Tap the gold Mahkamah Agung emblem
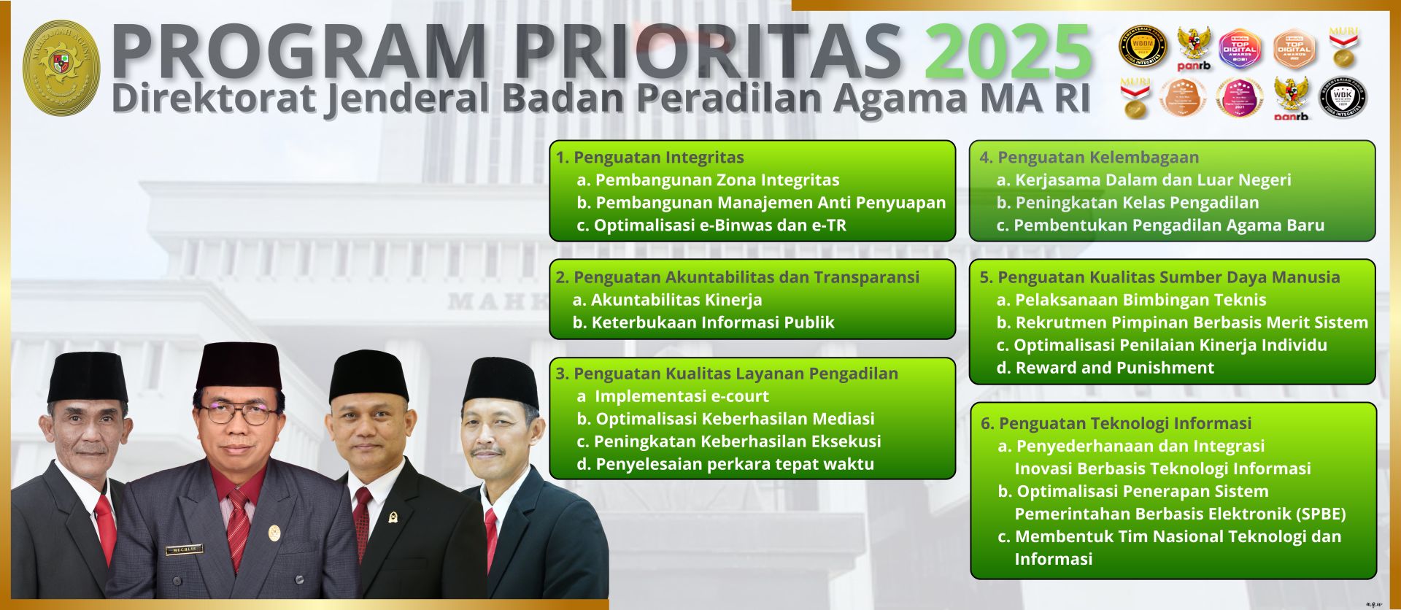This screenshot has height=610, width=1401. [x=61, y=67]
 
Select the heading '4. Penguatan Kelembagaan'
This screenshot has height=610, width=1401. [x=1089, y=158]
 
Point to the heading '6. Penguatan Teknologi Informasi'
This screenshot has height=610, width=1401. [x=1116, y=423]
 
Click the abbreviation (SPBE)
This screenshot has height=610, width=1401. [x=1321, y=514]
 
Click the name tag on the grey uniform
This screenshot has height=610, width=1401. [x=184, y=549]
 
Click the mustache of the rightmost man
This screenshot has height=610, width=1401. [x=486, y=450]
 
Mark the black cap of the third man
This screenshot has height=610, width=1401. [x=368, y=375]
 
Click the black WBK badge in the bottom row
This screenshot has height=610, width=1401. [x=1343, y=98]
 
